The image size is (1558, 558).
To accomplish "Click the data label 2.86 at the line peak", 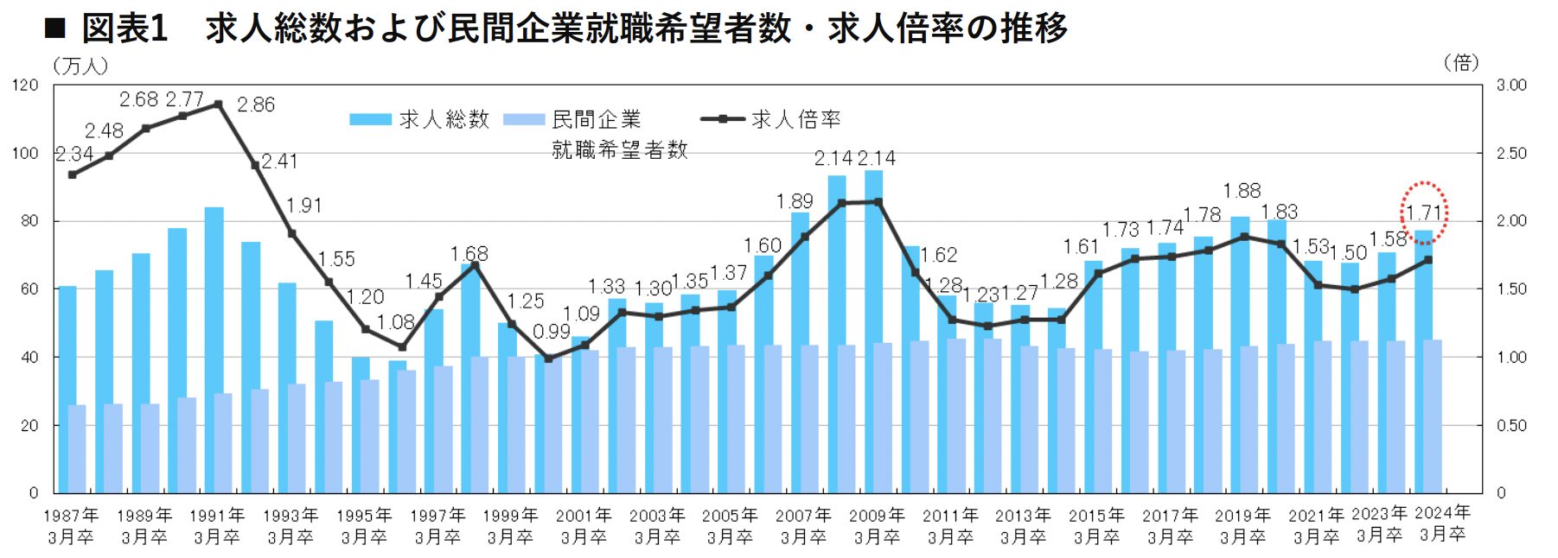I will [256, 105].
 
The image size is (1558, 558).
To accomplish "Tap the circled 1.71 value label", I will [1423, 212].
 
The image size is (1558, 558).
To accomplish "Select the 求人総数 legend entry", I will [420, 119].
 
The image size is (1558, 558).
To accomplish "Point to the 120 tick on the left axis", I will [26, 85].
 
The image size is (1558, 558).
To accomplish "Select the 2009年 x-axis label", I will [877, 516].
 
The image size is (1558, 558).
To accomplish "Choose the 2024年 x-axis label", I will [1442, 513].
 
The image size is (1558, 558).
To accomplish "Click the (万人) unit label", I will [80, 65].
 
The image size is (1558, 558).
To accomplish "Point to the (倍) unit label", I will [1461, 62].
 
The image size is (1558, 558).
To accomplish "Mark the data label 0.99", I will [551, 332].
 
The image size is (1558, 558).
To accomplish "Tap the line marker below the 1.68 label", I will [474, 264].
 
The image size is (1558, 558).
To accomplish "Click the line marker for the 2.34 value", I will [72, 174].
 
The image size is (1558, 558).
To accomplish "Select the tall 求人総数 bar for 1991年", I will [214, 346].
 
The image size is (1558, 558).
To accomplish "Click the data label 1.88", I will [1242, 190].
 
